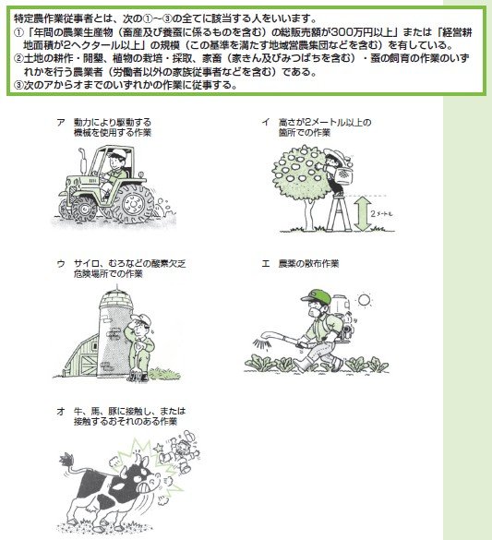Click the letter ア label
60,122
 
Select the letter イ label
265,122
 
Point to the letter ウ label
60,263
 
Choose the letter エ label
265,263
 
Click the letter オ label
60,409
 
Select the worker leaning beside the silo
138,346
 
